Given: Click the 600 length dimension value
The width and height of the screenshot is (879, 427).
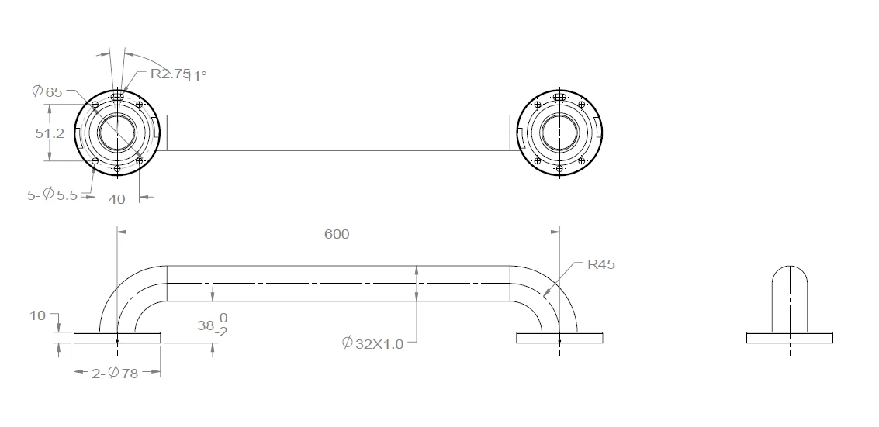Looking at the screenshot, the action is (x=337, y=234).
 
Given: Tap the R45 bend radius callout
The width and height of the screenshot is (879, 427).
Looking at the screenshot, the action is (x=601, y=264).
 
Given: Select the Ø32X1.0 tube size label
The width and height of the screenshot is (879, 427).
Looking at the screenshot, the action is (x=373, y=343).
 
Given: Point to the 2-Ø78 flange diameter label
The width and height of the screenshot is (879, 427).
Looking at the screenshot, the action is (x=115, y=373).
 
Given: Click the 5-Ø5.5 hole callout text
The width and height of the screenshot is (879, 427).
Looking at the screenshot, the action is (x=52, y=195).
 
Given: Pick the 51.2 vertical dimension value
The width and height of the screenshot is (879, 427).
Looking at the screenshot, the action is (x=50, y=133).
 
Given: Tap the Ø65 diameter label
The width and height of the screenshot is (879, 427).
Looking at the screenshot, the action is (x=47, y=91).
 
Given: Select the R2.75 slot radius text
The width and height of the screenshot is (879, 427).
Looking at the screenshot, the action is (x=170, y=74).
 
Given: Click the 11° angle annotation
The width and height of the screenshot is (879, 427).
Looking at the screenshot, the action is (x=196, y=75).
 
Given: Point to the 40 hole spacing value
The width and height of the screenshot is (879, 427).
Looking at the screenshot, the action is (x=116, y=199).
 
